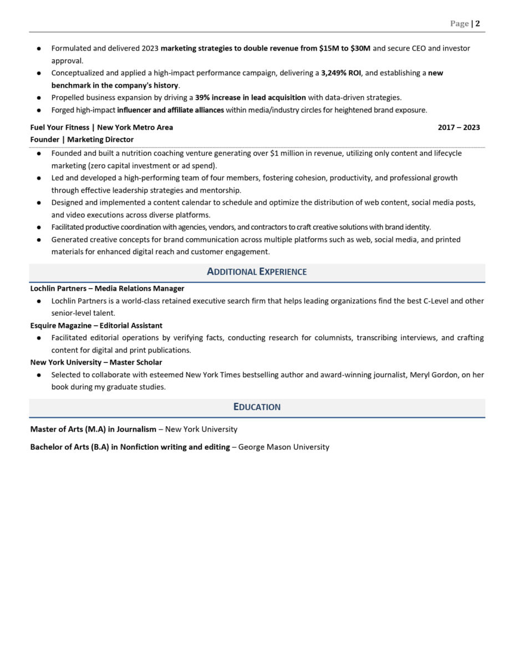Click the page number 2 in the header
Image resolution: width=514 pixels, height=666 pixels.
click(477, 23)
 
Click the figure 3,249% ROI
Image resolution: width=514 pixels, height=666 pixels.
click(341, 73)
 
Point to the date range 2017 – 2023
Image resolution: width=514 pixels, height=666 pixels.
click(459, 128)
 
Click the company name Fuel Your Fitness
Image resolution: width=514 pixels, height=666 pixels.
click(59, 128)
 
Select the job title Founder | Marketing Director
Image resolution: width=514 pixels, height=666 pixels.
click(82, 140)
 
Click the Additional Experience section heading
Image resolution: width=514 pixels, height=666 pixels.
click(257, 272)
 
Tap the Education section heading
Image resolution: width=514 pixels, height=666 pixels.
click(257, 407)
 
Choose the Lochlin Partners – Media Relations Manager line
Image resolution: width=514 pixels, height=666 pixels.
click(107, 289)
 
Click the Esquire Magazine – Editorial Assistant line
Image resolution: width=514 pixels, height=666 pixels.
click(96, 326)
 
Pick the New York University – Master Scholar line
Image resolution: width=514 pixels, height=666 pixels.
click(96, 362)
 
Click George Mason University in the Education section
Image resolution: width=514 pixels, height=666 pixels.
click(283, 447)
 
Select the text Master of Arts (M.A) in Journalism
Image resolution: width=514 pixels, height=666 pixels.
click(93, 429)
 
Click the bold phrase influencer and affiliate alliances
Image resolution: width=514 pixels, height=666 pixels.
click(170, 110)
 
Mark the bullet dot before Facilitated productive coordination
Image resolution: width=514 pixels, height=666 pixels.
click(39, 228)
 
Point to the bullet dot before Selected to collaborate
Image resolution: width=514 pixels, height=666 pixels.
click(39, 375)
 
